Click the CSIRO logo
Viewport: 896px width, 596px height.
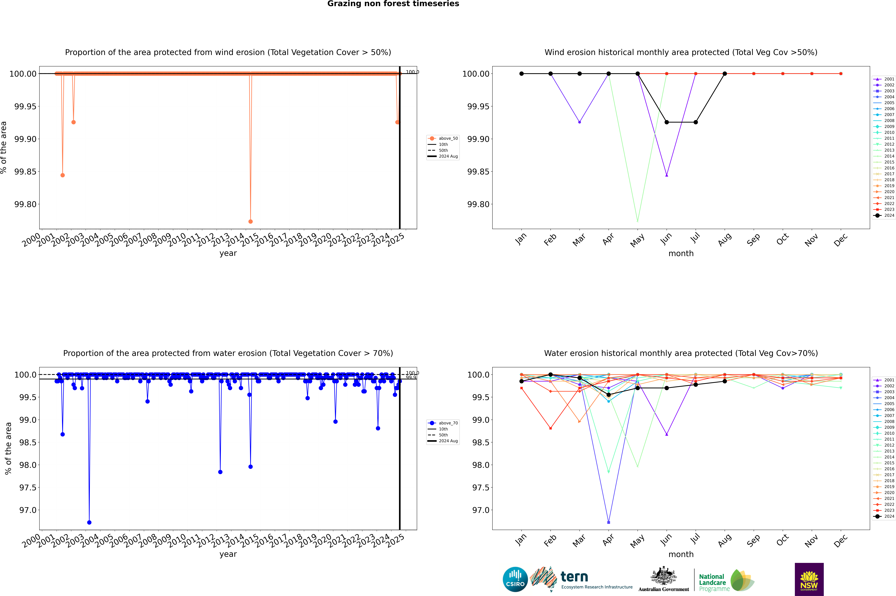[x=515, y=579]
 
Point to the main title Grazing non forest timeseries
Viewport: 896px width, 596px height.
[x=393, y=4]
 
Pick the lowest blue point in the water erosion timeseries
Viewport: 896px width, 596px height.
[x=89, y=522]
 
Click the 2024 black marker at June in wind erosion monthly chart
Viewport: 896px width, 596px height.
[x=667, y=122]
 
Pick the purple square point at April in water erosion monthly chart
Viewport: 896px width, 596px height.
[x=609, y=522]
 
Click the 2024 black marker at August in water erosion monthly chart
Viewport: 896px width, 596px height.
[x=725, y=381]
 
